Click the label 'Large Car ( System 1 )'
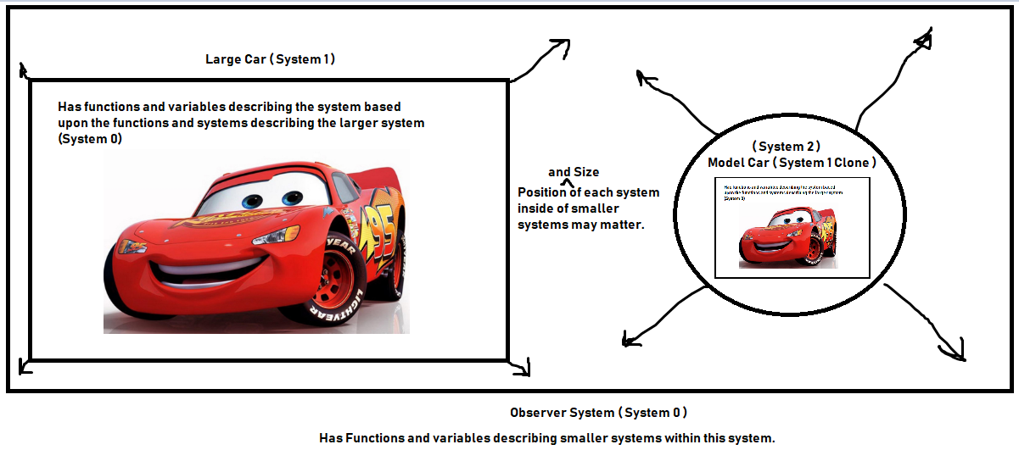coord(271,59)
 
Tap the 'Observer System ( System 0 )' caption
coord(598,413)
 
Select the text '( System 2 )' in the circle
coord(786,147)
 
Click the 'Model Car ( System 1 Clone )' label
coord(792,162)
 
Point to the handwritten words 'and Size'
coord(574,172)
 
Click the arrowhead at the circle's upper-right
coord(925,36)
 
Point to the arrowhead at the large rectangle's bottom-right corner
coord(524,368)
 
